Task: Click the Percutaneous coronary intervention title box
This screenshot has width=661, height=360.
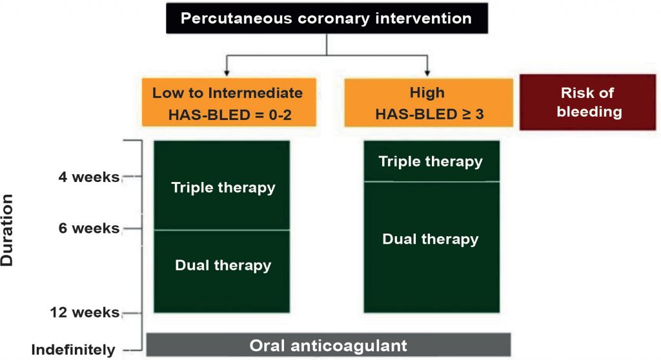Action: point(327,18)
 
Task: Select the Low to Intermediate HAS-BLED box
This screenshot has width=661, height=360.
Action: point(229,102)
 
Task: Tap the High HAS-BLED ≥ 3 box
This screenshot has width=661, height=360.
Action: point(429,103)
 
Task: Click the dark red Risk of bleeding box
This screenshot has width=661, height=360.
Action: point(587,102)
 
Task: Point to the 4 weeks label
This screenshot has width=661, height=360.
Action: point(89,177)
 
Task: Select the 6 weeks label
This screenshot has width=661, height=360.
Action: point(89,228)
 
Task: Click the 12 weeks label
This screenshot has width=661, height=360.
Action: point(85,312)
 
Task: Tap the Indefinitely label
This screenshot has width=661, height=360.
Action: point(73,350)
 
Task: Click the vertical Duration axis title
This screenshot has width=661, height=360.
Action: point(7,230)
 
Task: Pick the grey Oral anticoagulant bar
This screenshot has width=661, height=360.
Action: point(329,345)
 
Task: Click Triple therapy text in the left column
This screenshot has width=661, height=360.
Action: point(223,188)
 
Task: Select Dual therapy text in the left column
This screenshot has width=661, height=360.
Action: point(223,265)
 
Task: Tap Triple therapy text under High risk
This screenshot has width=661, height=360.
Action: point(431,161)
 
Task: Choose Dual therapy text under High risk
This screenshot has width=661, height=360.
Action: point(431,239)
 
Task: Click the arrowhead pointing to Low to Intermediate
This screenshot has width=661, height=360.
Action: point(227,73)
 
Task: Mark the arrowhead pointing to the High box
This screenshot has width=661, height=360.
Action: point(427,73)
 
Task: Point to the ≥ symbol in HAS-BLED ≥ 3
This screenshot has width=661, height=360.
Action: point(466,114)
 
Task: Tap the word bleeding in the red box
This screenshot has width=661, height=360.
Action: point(589,112)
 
